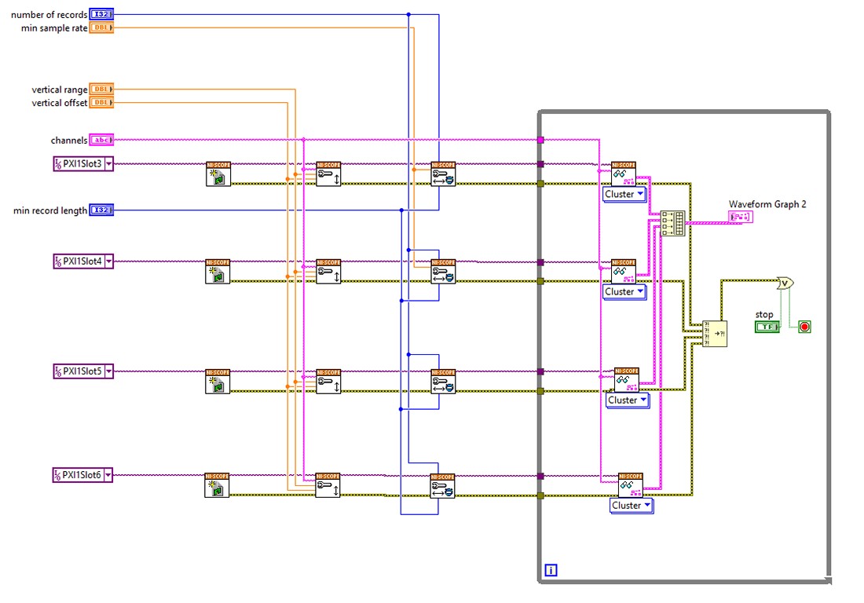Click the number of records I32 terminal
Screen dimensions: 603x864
tap(101, 14)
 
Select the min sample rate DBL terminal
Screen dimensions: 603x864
tap(101, 27)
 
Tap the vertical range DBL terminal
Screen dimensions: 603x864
tap(101, 90)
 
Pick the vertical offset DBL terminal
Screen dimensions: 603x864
tap(101, 102)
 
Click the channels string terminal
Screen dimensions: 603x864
tap(101, 140)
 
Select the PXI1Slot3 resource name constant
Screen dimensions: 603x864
tap(83, 163)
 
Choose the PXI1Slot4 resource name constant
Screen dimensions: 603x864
tap(83, 261)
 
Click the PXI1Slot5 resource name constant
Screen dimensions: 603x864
tap(83, 370)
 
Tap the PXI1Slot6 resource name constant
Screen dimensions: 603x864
tap(83, 474)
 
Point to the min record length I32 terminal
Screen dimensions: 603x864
tap(101, 210)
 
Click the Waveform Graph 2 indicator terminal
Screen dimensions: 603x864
tap(741, 217)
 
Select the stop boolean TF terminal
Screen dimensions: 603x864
tap(766, 326)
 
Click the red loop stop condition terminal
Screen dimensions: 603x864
tap(804, 326)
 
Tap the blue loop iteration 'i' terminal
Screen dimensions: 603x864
tap(551, 570)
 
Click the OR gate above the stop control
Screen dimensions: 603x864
tap(783, 283)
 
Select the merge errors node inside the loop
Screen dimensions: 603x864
tap(714, 333)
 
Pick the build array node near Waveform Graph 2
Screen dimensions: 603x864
tap(673, 223)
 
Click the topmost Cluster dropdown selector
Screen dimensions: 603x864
tap(625, 194)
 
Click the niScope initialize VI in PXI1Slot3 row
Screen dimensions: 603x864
tap(218, 174)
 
